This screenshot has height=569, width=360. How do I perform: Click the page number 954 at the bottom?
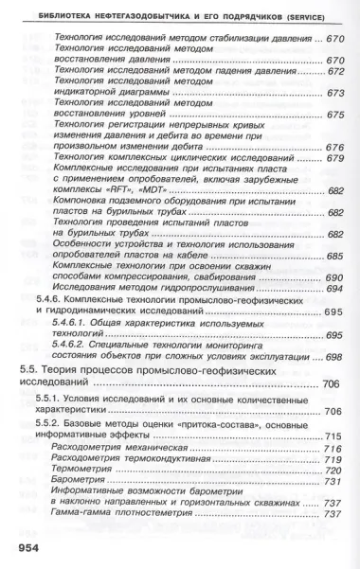click(x=25, y=549)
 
